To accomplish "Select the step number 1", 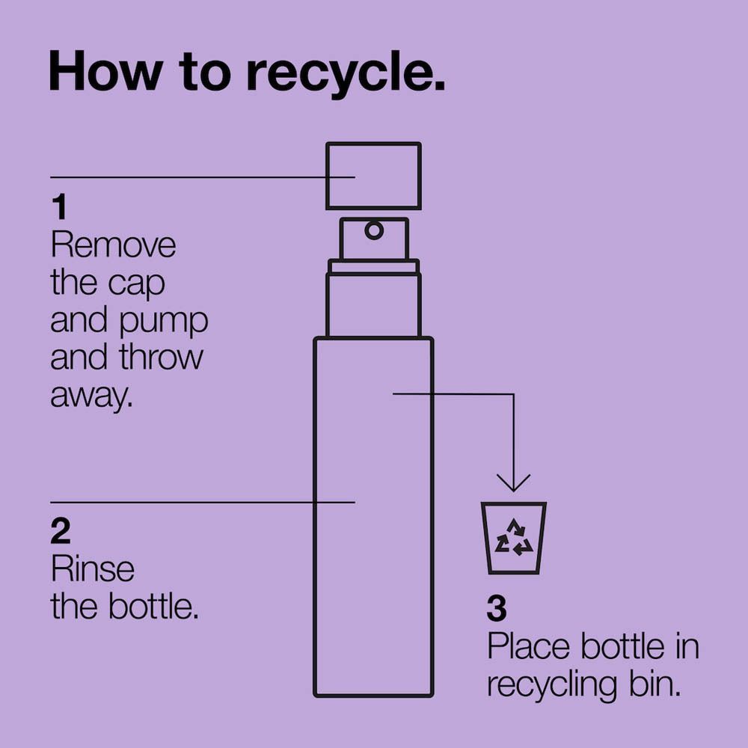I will (x=58, y=207).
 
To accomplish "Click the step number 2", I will (x=61, y=531).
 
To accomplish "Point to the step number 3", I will (x=496, y=610).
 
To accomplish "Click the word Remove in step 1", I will (x=113, y=245).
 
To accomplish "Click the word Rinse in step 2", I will (x=93, y=569).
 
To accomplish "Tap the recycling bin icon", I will (x=513, y=538).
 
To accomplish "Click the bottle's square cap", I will (x=373, y=176).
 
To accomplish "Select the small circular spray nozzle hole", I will (x=373, y=230).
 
